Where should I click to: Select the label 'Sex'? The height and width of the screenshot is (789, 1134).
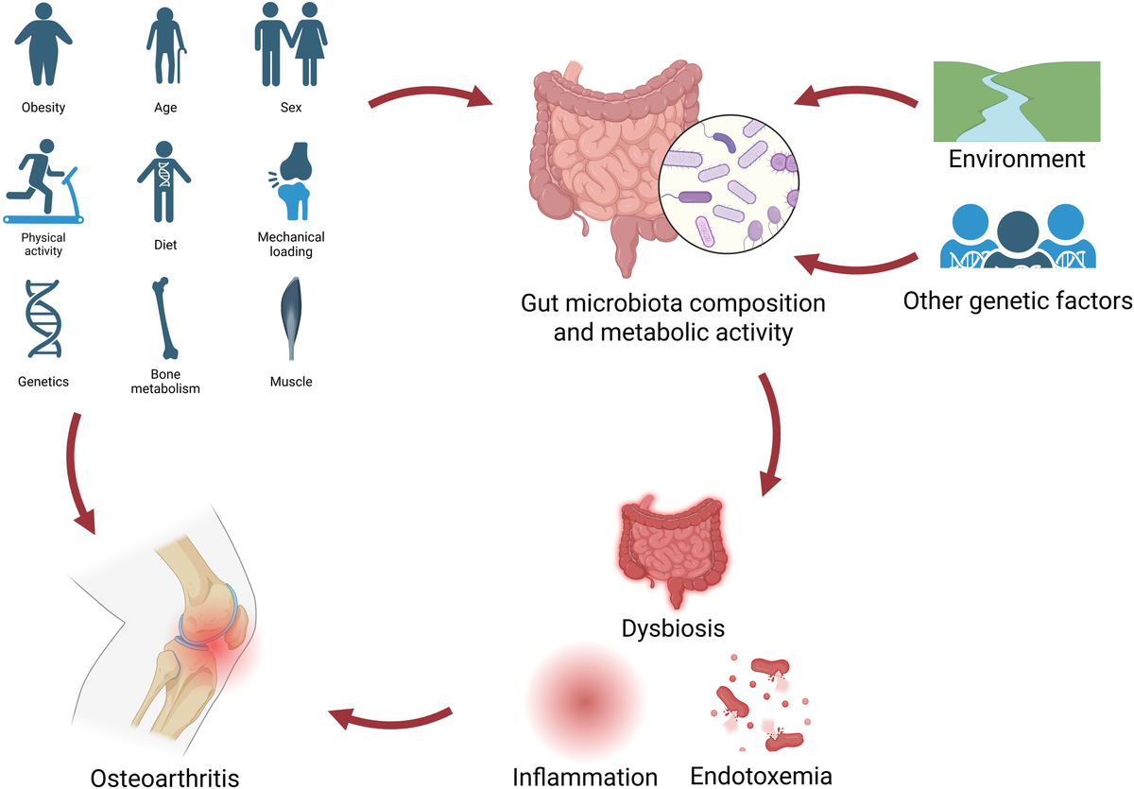291,108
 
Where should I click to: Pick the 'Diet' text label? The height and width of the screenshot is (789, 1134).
165,245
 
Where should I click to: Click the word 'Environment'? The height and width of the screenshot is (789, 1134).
1017,159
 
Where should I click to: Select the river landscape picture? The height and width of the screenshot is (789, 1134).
1017,101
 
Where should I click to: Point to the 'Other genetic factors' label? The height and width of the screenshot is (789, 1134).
1017,301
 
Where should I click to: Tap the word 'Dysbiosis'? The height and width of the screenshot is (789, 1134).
674,627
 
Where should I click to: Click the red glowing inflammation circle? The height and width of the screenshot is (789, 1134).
583,700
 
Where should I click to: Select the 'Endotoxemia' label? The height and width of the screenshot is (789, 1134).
761,776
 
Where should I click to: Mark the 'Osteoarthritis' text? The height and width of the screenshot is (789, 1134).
165,778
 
